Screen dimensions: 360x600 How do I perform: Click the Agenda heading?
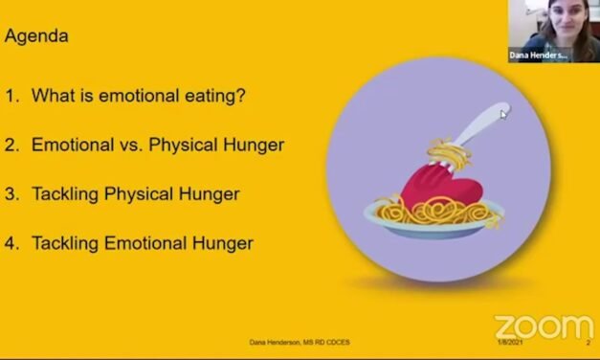pos(37,37)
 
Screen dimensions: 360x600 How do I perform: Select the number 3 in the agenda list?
pos(11,194)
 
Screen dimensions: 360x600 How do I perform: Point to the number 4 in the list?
pos(11,243)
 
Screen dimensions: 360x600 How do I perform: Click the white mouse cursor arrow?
pos(504,114)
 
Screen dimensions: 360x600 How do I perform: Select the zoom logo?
pos(543,326)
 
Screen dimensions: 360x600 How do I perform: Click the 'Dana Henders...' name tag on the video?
pos(540,56)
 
